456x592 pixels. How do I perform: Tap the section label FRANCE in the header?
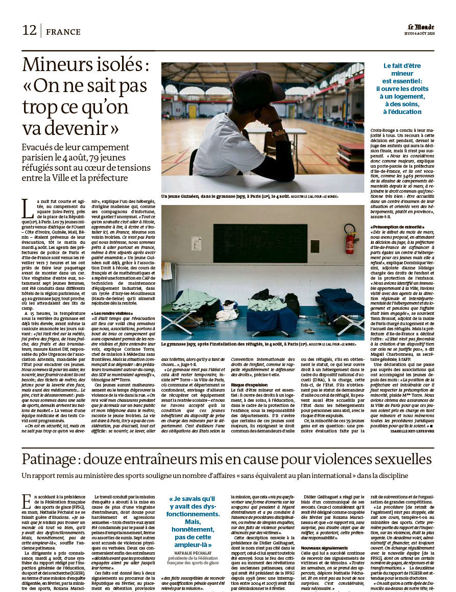(63, 32)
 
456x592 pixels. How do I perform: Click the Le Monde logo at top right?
(421, 27)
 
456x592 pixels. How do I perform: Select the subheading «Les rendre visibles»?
(112, 312)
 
